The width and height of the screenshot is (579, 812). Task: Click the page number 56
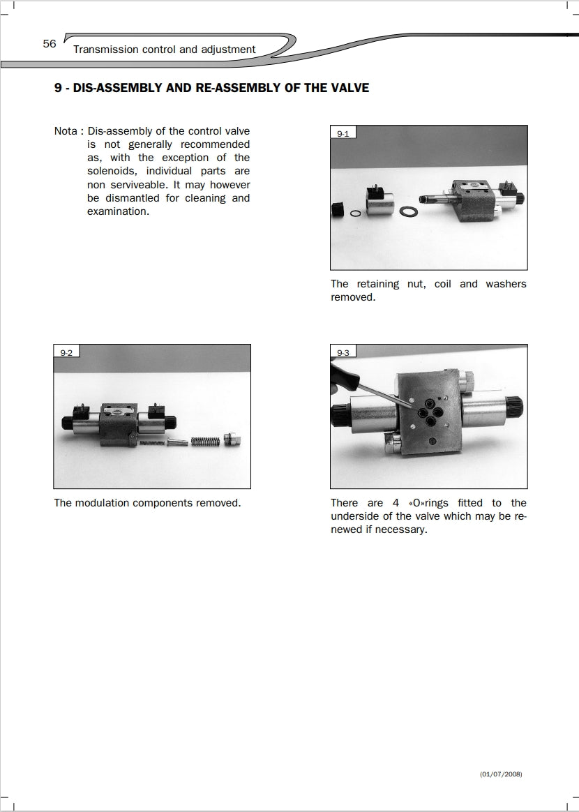click(49, 44)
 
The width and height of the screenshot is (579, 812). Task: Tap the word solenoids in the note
click(112, 171)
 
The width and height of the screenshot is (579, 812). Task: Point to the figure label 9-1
click(343, 133)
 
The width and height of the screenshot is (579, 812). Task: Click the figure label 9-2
click(67, 352)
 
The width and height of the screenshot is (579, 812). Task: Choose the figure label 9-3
click(343, 352)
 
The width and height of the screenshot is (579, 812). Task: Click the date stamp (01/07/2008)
click(501, 774)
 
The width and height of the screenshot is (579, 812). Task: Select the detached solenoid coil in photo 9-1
click(376, 204)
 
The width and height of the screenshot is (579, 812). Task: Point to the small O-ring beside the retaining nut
click(355, 213)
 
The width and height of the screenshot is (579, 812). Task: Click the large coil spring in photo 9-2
click(205, 440)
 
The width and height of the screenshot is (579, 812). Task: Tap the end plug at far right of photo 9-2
click(234, 439)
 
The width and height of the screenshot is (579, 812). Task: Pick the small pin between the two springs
click(176, 441)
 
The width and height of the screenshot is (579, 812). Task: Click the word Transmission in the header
click(105, 50)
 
